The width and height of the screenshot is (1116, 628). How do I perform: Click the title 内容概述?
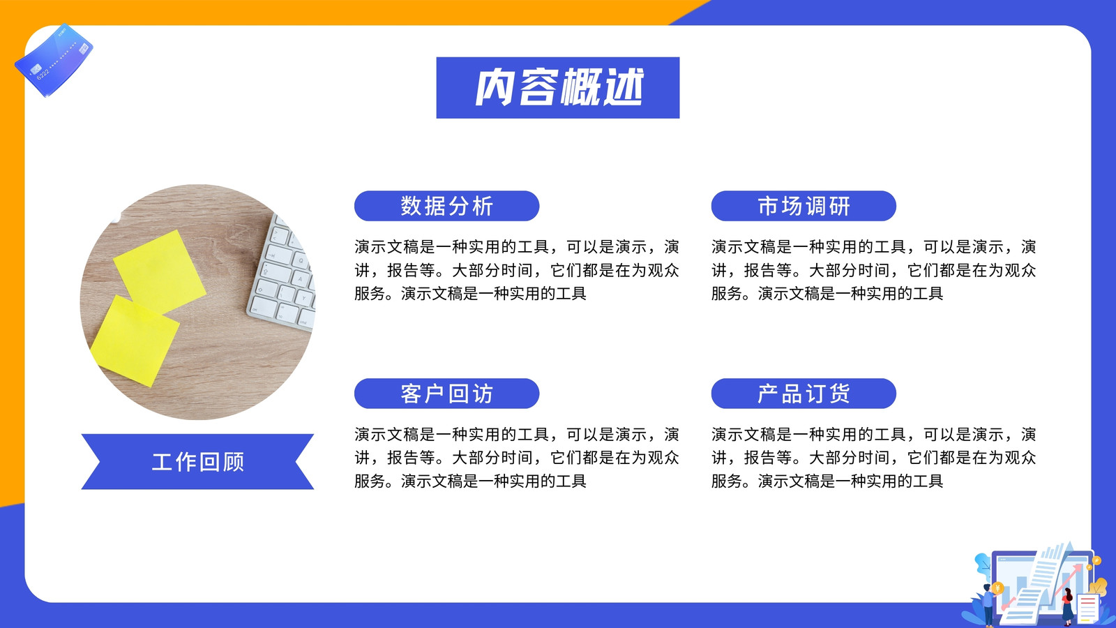tap(559, 88)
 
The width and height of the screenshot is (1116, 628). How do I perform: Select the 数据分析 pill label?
tap(447, 206)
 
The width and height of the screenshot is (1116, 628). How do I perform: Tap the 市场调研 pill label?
tap(804, 206)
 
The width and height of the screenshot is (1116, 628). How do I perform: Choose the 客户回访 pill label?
tap(447, 394)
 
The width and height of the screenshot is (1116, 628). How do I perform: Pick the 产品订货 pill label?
tap(804, 394)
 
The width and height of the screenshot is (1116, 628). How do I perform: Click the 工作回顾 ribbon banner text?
tap(198, 462)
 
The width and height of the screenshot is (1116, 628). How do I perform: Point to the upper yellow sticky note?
tap(160, 272)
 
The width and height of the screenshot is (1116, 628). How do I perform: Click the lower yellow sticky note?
tap(135, 341)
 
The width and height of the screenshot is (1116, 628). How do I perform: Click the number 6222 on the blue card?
tap(43, 74)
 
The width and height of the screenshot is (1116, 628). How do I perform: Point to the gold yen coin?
tap(997, 588)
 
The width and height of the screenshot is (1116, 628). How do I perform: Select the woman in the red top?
tap(1067, 606)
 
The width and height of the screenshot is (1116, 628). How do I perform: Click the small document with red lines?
tap(1087, 608)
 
